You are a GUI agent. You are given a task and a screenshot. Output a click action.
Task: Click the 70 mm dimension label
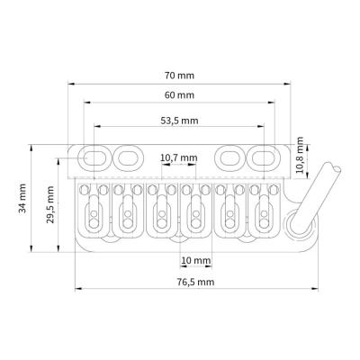pos(179,76)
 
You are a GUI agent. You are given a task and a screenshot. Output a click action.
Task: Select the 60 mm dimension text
pos(179,95)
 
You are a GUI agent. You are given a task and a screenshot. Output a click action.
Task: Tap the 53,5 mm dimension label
pos(179,121)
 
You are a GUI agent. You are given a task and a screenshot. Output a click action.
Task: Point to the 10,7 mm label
pos(179,157)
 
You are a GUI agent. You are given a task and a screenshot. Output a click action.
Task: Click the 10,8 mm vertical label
pos(299,155)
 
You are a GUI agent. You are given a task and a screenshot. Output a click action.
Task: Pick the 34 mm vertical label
pos(22,198)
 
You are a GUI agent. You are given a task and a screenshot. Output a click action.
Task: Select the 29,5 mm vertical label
pos(50,204)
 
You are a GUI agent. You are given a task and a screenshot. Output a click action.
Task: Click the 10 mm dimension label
pos(196,260)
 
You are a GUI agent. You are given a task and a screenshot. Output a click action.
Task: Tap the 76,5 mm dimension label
pos(195,282)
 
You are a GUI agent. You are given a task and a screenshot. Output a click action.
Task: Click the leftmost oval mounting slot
pos(94,157)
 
